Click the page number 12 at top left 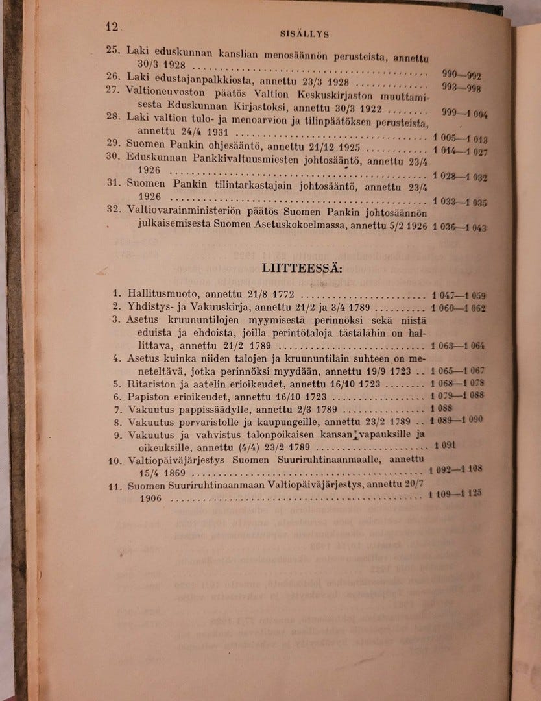[112, 27]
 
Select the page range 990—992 [461, 75]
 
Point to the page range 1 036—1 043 [459, 227]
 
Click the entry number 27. [113, 90]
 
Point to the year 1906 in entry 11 [151, 498]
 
